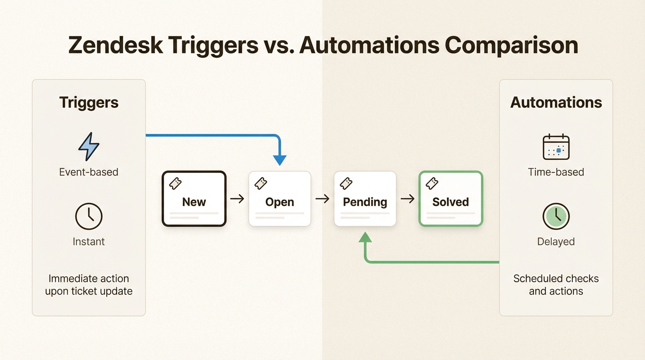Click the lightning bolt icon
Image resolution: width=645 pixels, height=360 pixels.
click(x=89, y=146)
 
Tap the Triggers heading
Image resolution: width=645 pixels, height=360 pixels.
click(x=89, y=103)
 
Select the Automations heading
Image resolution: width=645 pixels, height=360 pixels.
click(x=556, y=103)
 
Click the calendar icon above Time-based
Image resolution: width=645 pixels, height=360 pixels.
click(x=556, y=147)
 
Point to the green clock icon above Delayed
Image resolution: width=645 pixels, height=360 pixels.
click(x=556, y=216)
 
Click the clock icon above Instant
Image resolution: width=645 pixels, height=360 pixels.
click(x=89, y=216)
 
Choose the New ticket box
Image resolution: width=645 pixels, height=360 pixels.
click(x=194, y=199)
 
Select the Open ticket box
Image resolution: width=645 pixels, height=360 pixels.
click(x=280, y=199)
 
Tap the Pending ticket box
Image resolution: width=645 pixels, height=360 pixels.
click(x=365, y=199)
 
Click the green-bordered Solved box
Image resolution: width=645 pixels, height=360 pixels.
click(x=450, y=199)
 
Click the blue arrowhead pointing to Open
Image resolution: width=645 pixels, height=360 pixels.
click(x=279, y=160)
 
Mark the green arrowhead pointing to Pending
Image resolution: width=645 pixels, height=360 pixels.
click(x=365, y=237)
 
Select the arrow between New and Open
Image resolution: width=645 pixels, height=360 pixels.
click(x=237, y=199)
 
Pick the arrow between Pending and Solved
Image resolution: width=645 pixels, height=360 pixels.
click(x=407, y=199)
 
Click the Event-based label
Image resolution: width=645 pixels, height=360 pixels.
click(x=89, y=172)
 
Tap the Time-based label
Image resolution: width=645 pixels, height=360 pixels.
click(x=556, y=172)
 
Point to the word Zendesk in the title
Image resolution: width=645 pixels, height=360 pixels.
click(x=114, y=45)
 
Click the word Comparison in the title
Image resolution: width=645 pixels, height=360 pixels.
click(x=511, y=45)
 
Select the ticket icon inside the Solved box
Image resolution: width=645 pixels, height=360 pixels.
click(x=432, y=183)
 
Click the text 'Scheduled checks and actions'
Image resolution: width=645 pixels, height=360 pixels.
click(x=556, y=285)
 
